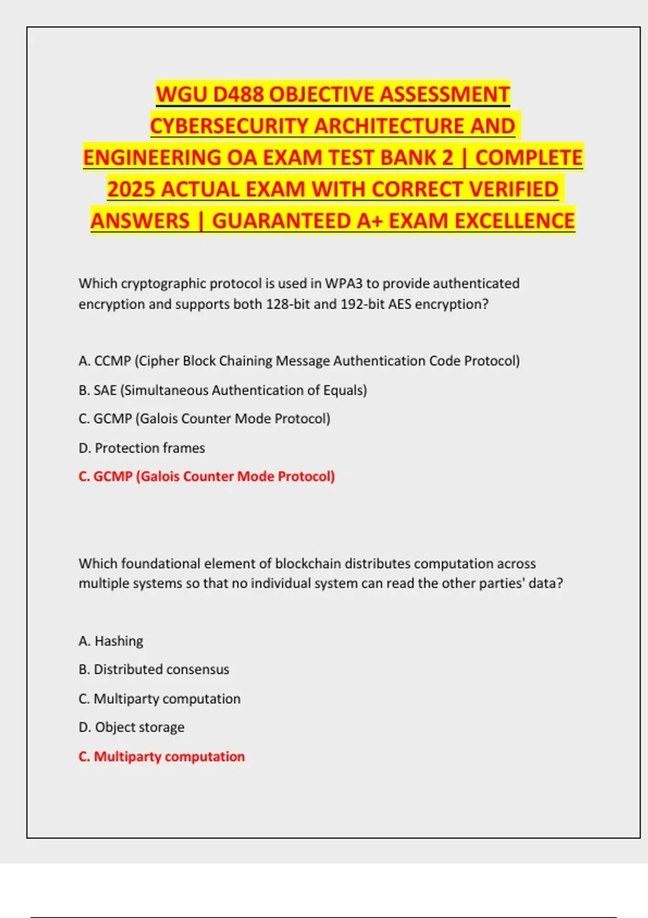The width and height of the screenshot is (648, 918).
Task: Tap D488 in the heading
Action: [x=238, y=94]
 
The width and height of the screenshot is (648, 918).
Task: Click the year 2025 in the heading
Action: [x=131, y=190]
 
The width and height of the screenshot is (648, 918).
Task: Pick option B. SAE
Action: [x=222, y=390]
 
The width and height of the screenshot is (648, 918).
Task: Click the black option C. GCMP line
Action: [x=204, y=418]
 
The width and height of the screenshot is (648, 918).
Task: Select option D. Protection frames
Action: [x=141, y=448]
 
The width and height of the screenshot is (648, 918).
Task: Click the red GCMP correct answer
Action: [x=206, y=476]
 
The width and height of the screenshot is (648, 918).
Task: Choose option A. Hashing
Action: [x=111, y=641]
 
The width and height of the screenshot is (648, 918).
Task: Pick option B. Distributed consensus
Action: [x=154, y=670]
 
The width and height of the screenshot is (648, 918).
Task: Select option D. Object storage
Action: [x=131, y=727]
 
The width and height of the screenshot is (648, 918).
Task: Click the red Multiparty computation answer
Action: [x=161, y=757]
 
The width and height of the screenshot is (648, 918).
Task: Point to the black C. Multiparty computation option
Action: [x=159, y=699]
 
